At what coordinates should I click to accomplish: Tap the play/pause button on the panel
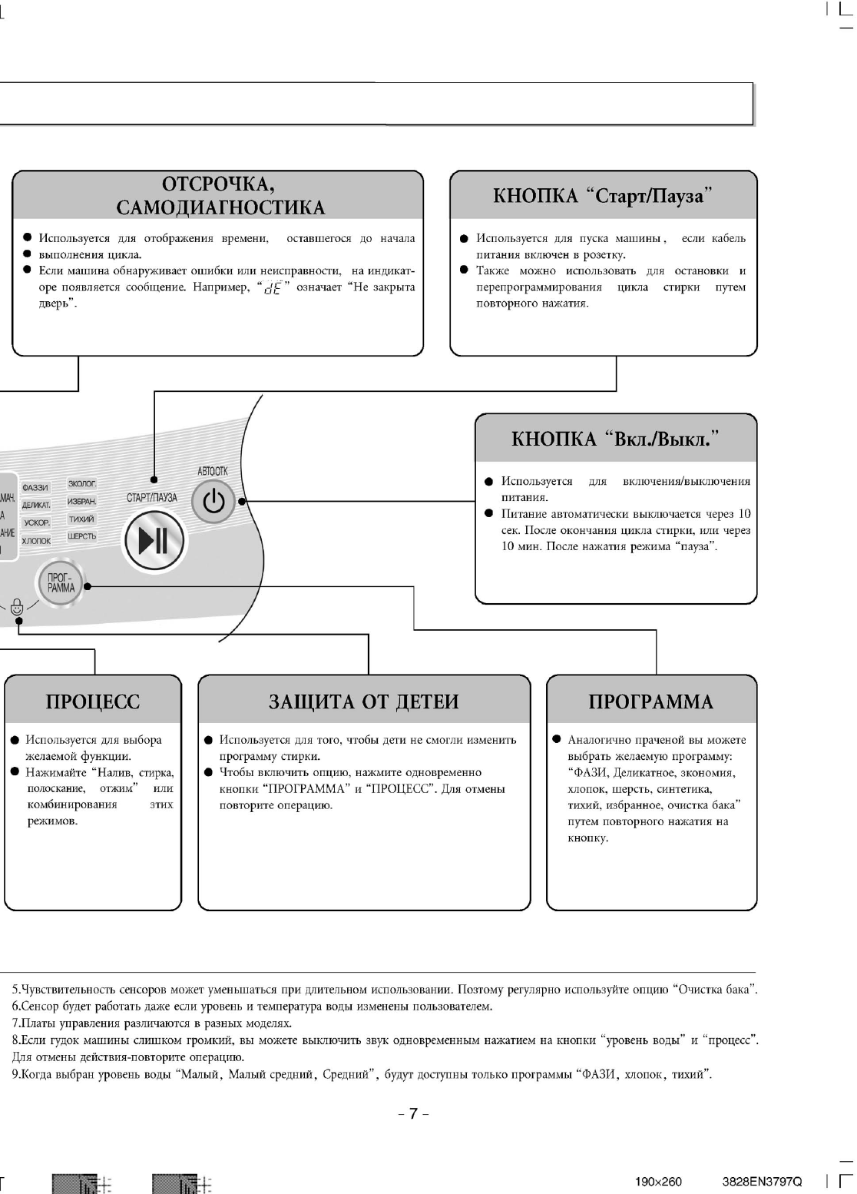click(154, 540)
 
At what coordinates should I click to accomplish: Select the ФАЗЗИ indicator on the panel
click(35, 488)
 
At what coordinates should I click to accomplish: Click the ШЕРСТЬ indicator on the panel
click(82, 536)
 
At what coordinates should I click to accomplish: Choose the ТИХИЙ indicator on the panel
click(82, 519)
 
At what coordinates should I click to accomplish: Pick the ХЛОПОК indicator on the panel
click(36, 541)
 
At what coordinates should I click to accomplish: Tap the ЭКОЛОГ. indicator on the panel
click(82, 484)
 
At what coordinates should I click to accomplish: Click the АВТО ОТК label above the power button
click(213, 471)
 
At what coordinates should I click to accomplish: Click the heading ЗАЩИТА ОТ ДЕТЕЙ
click(364, 701)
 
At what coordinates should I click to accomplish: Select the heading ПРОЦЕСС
click(93, 701)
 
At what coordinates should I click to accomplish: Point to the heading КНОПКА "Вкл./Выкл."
click(616, 439)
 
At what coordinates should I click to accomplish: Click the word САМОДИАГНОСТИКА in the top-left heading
click(220, 207)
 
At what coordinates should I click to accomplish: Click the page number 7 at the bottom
click(413, 1113)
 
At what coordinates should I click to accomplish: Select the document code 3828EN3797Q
click(762, 1181)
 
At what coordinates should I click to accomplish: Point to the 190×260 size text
click(658, 1181)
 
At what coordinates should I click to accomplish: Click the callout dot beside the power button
click(242, 502)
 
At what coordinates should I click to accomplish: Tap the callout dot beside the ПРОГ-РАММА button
click(87, 586)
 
